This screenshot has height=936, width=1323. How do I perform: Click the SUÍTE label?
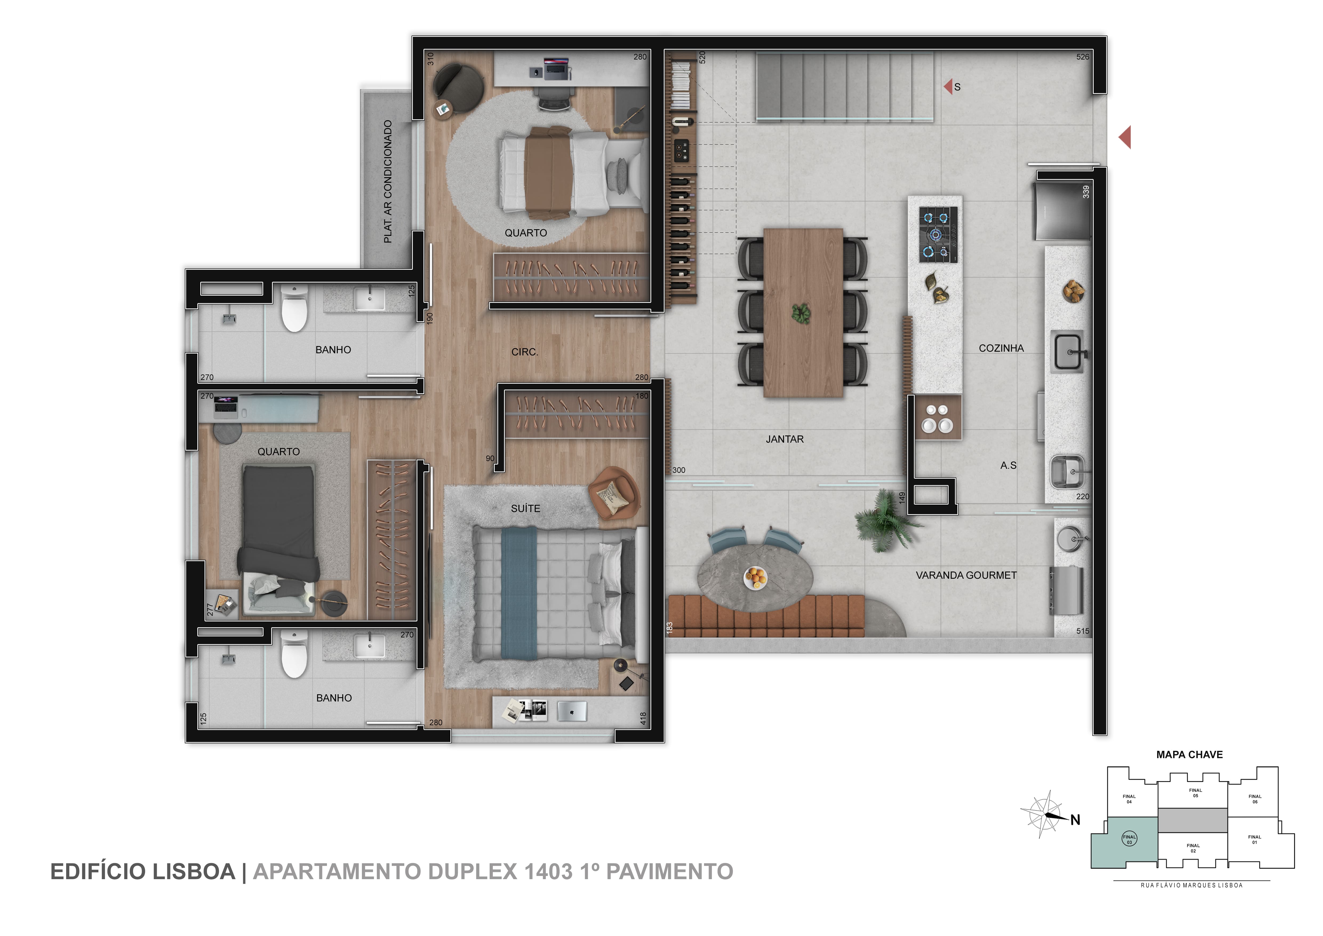pos(526,508)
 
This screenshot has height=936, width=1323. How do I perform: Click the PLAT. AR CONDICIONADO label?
pos(388,181)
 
